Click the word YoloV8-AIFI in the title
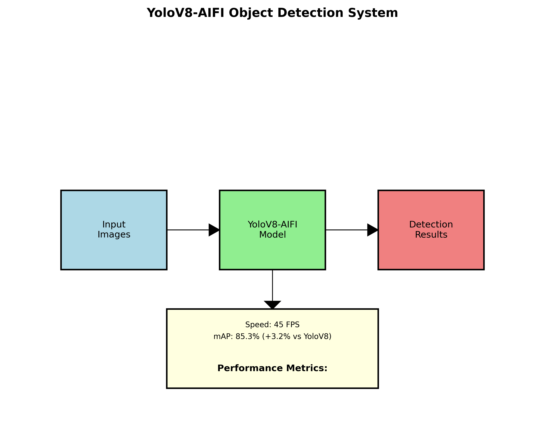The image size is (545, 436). pos(185,13)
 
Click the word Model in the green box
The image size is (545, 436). pos(272,235)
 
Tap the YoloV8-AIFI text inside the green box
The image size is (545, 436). pos(272,224)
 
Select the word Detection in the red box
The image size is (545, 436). pos(431,224)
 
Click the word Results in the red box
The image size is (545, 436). pos(431,235)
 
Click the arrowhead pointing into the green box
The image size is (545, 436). pos(214,230)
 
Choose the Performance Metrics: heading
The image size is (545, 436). pos(272,368)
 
